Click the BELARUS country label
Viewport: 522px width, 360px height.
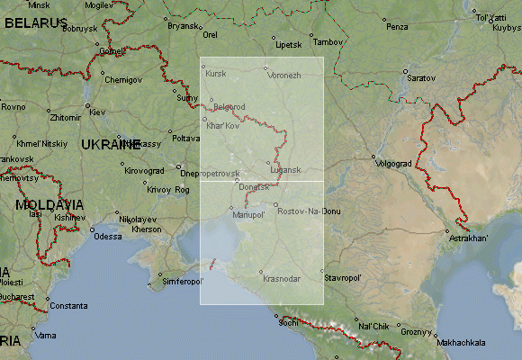click(x=35, y=21)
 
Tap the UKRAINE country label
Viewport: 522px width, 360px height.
click(x=111, y=144)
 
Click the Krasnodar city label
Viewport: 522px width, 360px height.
click(x=282, y=279)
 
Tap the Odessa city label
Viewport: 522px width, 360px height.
click(x=107, y=237)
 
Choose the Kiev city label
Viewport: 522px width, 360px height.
click(x=97, y=112)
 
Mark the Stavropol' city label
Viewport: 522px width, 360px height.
click(x=343, y=279)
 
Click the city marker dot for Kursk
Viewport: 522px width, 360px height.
click(x=203, y=66)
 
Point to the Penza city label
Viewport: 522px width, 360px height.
click(x=397, y=27)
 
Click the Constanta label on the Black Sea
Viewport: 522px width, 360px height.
click(x=68, y=306)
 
